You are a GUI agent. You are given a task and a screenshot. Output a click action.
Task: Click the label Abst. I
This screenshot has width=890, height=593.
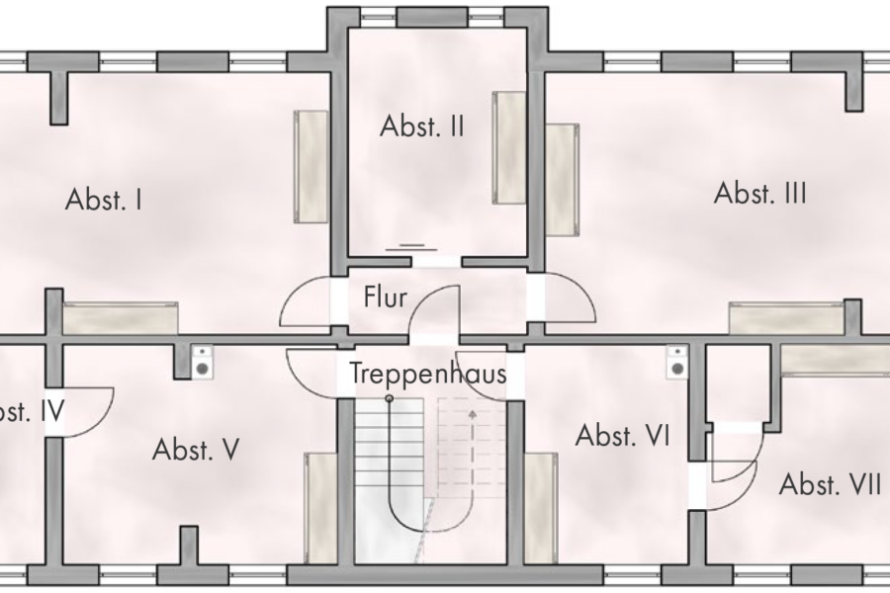104,200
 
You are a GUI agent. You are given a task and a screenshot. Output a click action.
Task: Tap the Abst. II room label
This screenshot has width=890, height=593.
422,127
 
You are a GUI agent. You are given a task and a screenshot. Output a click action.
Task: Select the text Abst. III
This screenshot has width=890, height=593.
759,193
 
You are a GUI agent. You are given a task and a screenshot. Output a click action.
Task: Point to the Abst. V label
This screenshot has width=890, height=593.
196,451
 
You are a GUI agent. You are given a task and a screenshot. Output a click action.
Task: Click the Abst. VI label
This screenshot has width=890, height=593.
623,436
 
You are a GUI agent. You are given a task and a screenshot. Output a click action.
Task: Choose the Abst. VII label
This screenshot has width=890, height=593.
831,484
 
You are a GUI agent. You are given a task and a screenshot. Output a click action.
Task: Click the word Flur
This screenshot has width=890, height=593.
385,296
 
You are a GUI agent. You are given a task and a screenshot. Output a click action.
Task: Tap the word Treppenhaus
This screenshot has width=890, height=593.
428,375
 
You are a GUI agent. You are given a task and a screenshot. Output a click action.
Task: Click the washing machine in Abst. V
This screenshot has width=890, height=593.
202,362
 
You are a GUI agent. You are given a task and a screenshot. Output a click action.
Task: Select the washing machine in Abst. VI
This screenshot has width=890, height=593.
677,362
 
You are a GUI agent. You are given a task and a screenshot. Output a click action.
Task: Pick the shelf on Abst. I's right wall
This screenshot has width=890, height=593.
311,166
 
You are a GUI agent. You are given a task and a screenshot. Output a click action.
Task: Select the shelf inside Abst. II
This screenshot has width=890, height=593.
510,146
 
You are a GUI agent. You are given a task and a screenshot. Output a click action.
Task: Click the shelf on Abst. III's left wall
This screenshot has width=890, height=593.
562,180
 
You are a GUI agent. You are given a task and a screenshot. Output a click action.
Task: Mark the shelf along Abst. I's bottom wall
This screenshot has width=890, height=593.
121,318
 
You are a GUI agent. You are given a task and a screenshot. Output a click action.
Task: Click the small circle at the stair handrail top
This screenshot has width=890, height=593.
390,398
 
